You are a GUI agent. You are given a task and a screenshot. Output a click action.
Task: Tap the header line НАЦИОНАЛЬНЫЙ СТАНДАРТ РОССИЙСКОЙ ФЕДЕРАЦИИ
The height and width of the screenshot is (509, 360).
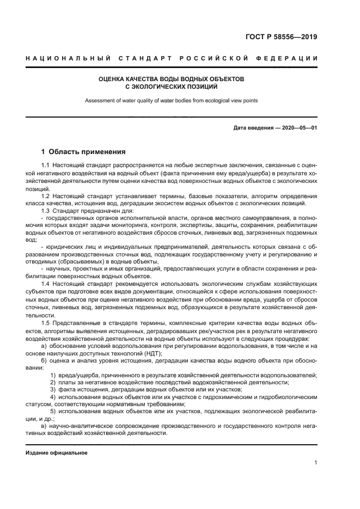(172, 58)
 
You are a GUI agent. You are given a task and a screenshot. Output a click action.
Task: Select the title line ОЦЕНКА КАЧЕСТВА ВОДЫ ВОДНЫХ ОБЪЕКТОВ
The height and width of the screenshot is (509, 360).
(172, 79)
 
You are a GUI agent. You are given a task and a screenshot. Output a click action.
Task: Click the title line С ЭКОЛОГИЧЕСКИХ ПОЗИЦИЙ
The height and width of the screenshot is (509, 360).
(172, 87)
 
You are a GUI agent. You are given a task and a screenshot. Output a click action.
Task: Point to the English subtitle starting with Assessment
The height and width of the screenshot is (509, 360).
(172, 100)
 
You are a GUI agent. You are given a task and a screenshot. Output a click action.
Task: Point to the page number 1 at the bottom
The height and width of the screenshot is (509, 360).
(315, 463)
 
